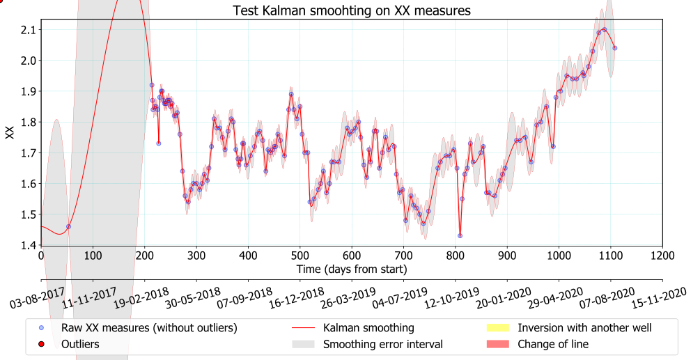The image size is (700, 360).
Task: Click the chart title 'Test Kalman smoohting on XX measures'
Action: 352,10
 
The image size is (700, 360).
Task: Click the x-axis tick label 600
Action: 352,256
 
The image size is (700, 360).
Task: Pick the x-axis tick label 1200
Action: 662,256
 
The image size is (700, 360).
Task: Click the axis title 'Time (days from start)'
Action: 352,269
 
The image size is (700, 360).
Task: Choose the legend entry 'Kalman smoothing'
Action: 368,327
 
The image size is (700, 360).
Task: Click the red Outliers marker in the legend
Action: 41,344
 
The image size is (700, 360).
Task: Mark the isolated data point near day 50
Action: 68,226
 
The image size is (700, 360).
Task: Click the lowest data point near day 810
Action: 460,235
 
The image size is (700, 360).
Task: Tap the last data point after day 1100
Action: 614,48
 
